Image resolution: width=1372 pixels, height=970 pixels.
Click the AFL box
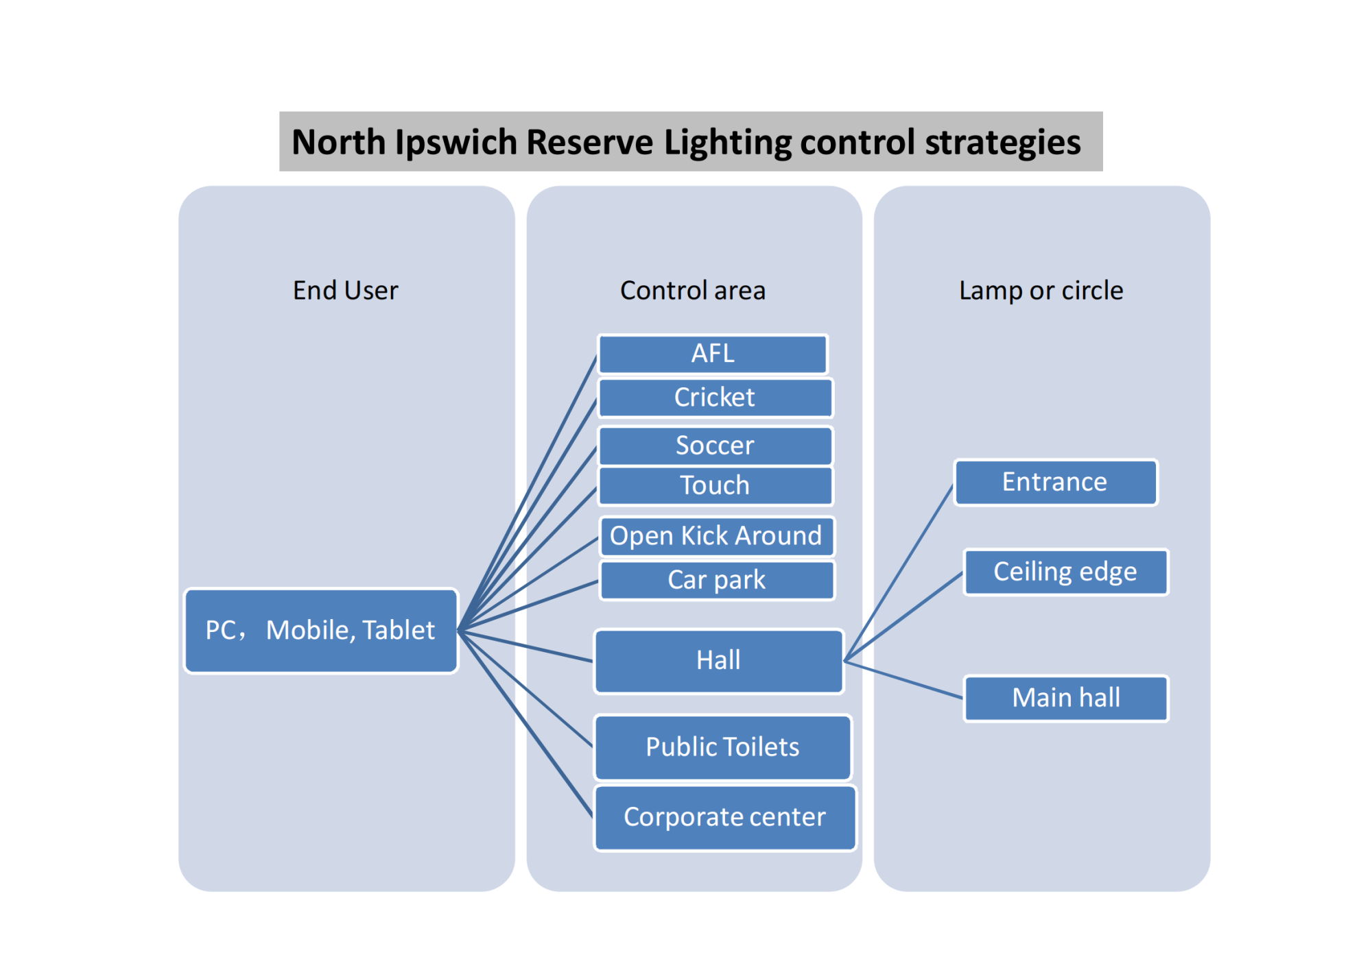point(713,354)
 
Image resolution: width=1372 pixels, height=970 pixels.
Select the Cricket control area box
point(715,398)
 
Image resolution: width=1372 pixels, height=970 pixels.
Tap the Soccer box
point(715,446)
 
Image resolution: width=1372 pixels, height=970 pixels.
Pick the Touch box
point(715,485)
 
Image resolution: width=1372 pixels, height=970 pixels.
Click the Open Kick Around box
point(717,536)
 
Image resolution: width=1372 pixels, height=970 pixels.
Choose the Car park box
point(717,580)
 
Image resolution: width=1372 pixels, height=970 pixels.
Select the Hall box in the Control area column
point(719,661)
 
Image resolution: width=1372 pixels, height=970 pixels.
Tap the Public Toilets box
point(723,747)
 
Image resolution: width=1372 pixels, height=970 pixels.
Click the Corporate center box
point(725,817)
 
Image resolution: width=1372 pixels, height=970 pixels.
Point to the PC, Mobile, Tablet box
point(321,631)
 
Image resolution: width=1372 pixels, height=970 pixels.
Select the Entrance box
point(1056,482)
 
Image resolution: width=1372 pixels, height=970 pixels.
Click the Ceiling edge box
point(1066,572)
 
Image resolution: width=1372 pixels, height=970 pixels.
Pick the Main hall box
point(1066,698)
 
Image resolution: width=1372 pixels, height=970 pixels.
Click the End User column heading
point(346,291)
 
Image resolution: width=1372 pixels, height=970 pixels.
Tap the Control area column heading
point(693,291)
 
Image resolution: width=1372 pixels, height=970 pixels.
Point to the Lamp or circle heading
point(1041,291)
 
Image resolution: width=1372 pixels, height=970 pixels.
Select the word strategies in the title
point(1003,143)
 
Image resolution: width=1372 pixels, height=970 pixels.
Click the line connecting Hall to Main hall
point(903,679)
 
